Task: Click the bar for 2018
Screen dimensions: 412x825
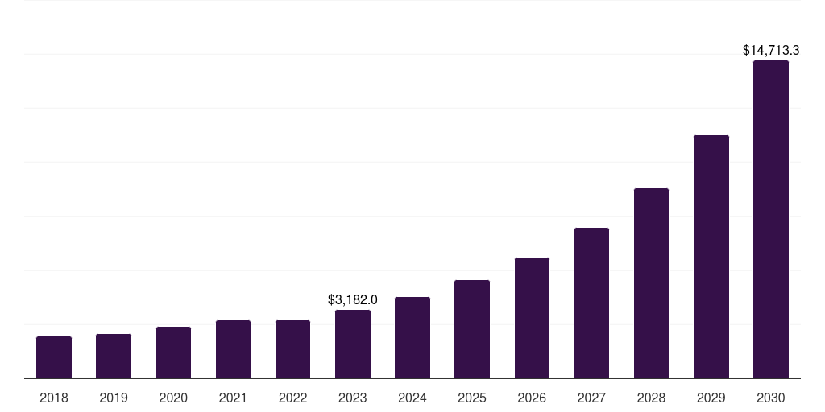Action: tap(54, 357)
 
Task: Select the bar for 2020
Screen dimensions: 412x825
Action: tap(173, 352)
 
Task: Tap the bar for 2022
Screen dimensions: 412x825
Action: tap(292, 349)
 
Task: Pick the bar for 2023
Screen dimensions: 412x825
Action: tap(353, 344)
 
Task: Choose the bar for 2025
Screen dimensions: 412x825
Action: tap(472, 329)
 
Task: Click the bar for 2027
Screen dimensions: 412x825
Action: tap(591, 303)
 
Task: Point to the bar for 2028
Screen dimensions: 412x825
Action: tap(651, 283)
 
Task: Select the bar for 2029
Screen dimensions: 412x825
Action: tap(711, 257)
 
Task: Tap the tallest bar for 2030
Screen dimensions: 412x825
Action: tap(771, 220)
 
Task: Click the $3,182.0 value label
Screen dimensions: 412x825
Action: tap(353, 299)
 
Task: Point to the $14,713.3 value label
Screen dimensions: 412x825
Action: tap(771, 50)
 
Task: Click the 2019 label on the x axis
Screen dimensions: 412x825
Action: tap(114, 398)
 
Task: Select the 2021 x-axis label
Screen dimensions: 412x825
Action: tap(233, 398)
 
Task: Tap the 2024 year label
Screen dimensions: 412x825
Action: tap(412, 398)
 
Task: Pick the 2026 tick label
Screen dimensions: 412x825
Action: tap(532, 398)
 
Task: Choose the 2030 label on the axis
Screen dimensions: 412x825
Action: tap(771, 398)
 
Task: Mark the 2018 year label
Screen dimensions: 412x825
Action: tap(54, 398)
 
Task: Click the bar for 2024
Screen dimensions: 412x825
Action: tap(412, 338)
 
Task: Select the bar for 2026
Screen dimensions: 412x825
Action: tap(532, 318)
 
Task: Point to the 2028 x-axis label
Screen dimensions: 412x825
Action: tap(651, 398)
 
